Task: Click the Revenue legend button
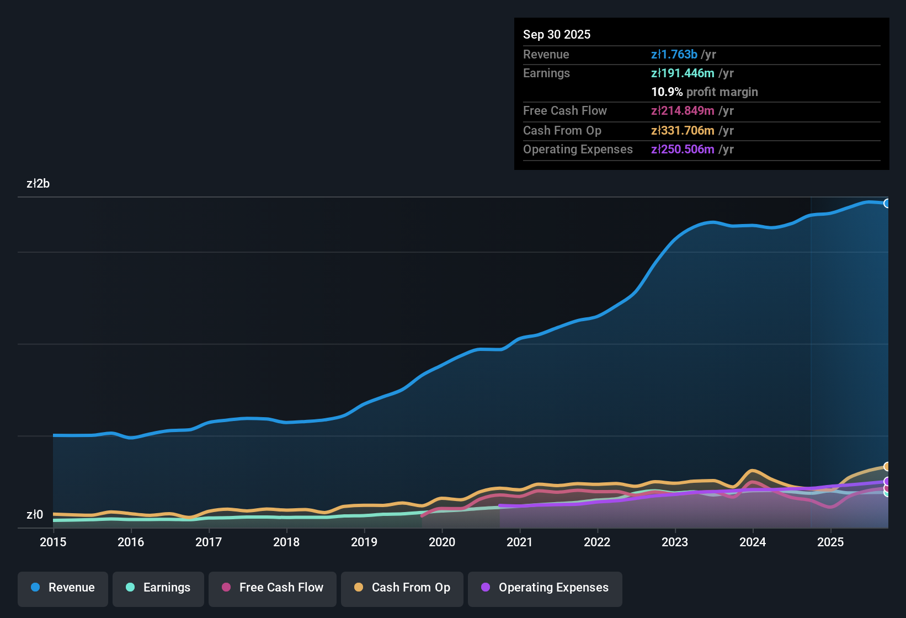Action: (63, 588)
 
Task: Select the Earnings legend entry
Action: (158, 588)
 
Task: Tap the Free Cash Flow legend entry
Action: (273, 588)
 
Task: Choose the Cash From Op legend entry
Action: (402, 588)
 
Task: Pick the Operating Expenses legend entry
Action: (545, 588)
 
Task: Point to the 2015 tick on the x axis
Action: (53, 542)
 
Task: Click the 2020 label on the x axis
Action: (442, 542)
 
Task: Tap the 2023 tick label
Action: (675, 542)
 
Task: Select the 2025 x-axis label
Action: (830, 542)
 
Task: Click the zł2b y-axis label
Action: (38, 184)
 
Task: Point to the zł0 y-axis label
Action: (35, 515)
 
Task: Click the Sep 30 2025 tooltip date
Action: (557, 34)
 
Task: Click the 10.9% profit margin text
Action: (704, 92)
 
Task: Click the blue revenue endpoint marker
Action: (887, 203)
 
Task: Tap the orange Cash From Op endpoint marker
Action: (887, 467)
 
